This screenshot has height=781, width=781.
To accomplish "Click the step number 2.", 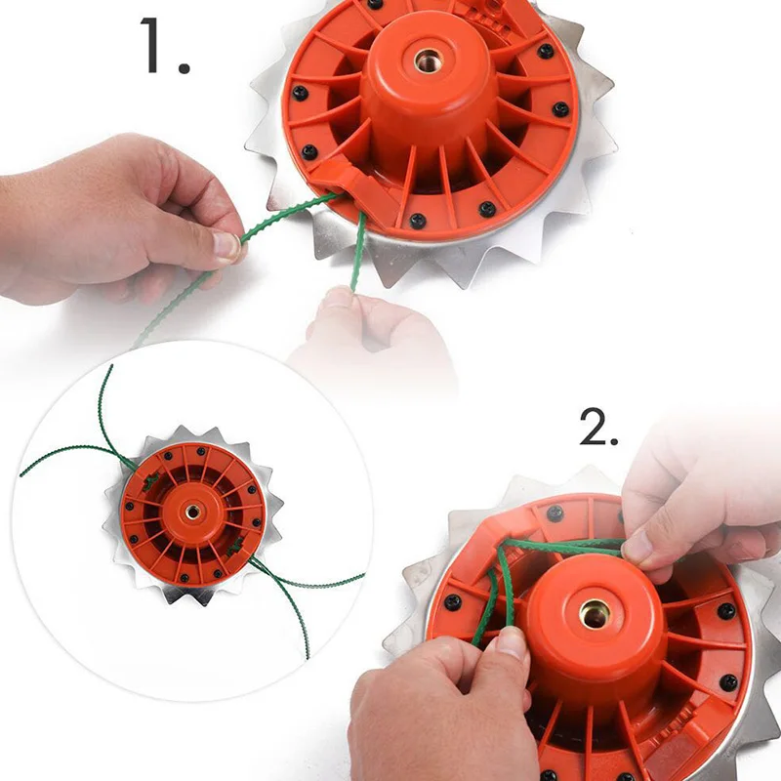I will pos(597,426).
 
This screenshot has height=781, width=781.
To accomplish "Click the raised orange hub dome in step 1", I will pos(428,88).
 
